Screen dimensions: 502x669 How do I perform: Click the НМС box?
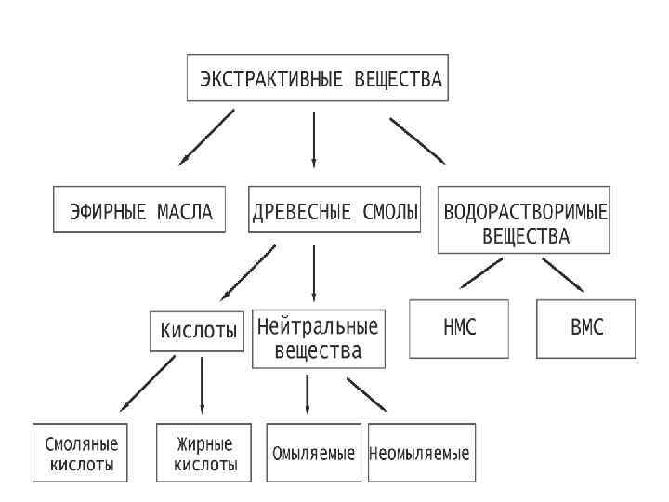pyautogui.click(x=461, y=328)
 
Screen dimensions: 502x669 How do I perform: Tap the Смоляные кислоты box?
pyautogui.click(x=80, y=454)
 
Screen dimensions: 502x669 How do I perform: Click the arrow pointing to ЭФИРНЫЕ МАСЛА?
pyautogui.click(x=207, y=138)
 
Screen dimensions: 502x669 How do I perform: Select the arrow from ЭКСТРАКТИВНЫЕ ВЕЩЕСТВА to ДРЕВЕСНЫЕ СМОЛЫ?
pyautogui.click(x=314, y=139)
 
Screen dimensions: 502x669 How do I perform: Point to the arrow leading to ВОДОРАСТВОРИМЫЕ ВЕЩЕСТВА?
pyautogui.click(x=417, y=139)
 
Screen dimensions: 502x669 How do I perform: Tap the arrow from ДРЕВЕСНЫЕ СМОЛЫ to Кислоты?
pyautogui.click(x=248, y=272)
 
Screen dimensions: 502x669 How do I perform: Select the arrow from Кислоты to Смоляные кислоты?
pyautogui.click(x=148, y=383)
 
